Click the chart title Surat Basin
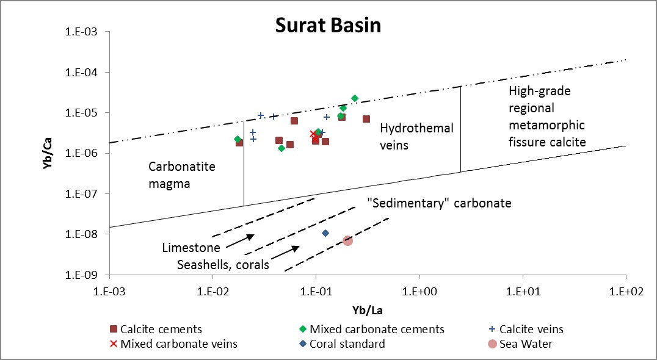328,26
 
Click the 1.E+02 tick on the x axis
626,289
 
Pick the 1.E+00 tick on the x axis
419,289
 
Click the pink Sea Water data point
347,240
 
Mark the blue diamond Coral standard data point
325,233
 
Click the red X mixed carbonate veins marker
313,134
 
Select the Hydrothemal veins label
416,137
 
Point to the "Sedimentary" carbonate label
439,203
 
